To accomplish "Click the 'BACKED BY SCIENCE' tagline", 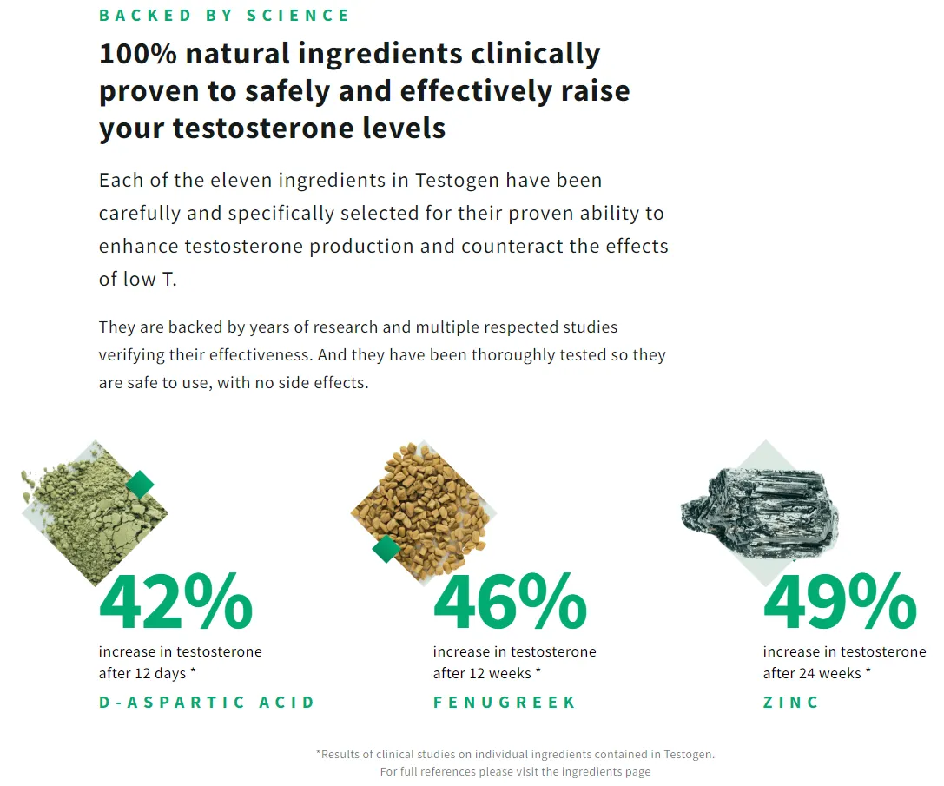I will (x=224, y=16).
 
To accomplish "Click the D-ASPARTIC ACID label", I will (x=207, y=703).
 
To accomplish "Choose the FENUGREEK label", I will (x=505, y=703).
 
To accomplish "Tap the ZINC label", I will (x=791, y=703).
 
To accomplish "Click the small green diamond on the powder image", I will (x=140, y=485).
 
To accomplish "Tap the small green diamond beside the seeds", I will (x=386, y=549).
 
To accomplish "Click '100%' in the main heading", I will (x=137, y=54).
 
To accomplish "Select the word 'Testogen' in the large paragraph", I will (x=457, y=181).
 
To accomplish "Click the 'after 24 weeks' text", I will (x=812, y=674).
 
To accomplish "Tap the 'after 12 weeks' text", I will (x=482, y=674).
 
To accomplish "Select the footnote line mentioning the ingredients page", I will (x=515, y=771).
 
